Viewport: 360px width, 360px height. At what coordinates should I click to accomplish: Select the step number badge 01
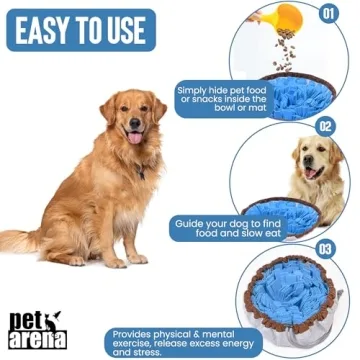coord(327,14)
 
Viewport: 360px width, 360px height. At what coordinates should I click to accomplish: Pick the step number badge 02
coord(325,127)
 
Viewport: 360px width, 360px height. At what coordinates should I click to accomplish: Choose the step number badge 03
coord(325,247)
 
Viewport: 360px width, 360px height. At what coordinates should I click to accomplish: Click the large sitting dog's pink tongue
coord(134,137)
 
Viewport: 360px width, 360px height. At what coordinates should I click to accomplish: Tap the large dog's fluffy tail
coord(20,240)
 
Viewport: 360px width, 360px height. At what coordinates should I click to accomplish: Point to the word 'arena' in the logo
coord(40,337)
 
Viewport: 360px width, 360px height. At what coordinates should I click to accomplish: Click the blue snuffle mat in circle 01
coord(300,95)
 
